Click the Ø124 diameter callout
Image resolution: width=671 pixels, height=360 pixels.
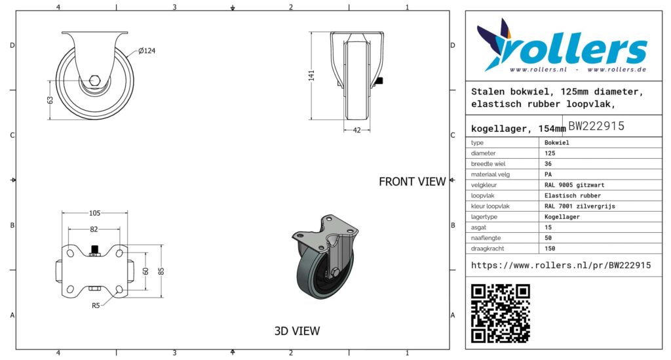[146, 51]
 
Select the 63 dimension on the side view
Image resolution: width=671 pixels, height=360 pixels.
[50, 100]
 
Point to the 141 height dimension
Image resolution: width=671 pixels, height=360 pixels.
[311, 75]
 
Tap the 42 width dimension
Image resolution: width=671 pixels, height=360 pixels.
[357, 130]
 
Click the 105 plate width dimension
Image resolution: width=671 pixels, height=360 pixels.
[94, 213]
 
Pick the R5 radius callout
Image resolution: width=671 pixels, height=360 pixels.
[96, 305]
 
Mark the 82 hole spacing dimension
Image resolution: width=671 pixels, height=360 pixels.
[94, 230]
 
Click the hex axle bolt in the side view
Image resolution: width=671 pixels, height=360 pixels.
[94, 80]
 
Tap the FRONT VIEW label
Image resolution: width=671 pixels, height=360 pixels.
[412, 182]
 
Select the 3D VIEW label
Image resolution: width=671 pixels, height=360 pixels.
[297, 331]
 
